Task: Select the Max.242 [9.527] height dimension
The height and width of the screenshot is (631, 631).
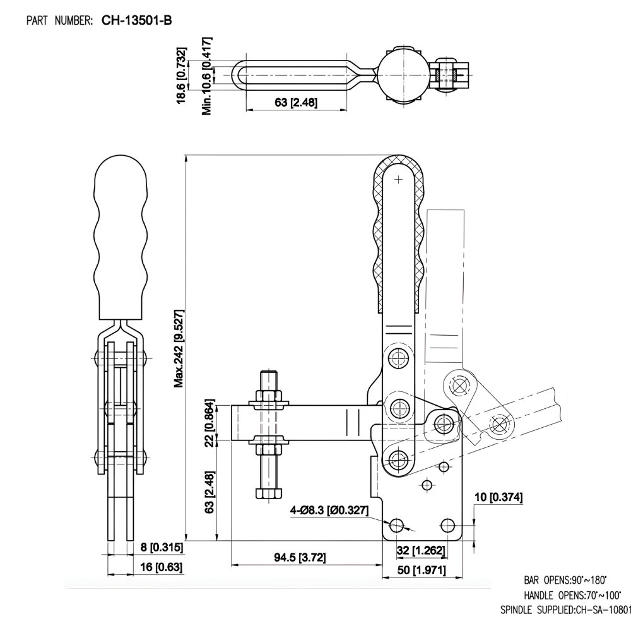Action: pyautogui.click(x=179, y=348)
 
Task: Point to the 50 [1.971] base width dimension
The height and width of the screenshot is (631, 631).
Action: pyautogui.click(x=422, y=570)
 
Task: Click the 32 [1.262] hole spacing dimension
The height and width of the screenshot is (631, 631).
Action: pyautogui.click(x=421, y=550)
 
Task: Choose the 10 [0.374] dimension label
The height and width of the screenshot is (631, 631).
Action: pyautogui.click(x=498, y=497)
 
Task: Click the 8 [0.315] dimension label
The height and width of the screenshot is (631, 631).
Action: pyautogui.click(x=152, y=547)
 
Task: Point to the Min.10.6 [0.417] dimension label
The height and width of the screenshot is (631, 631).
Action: pyautogui.click(x=206, y=76)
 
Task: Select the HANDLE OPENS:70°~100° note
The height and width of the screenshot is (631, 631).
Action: pyautogui.click(x=572, y=595)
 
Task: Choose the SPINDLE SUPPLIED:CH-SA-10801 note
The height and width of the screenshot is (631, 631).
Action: pyautogui.click(x=565, y=610)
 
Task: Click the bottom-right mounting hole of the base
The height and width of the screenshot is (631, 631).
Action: pyautogui.click(x=448, y=524)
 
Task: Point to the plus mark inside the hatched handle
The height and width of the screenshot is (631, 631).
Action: pyautogui.click(x=398, y=180)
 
